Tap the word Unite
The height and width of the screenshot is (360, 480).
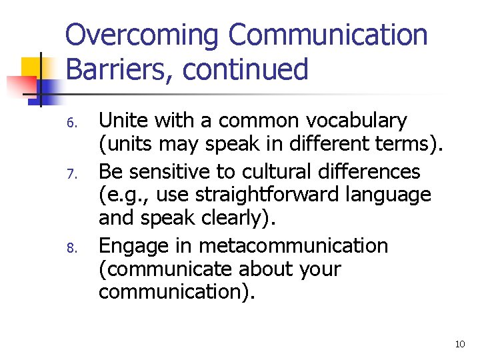(122, 121)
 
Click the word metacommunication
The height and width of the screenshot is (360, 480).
(293, 245)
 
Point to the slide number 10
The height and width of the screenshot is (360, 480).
(459, 344)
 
